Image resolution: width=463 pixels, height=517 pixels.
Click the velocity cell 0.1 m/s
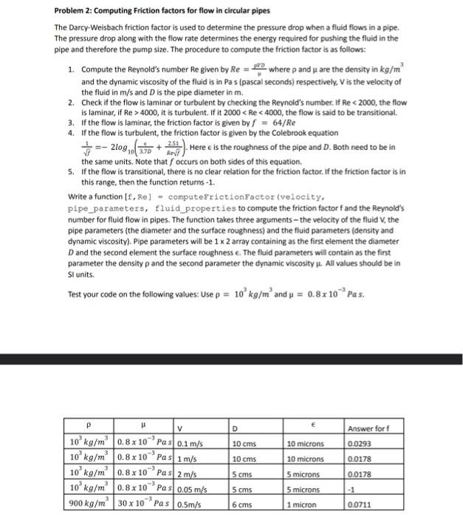(191, 443)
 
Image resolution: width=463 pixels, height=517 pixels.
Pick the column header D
(235, 429)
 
